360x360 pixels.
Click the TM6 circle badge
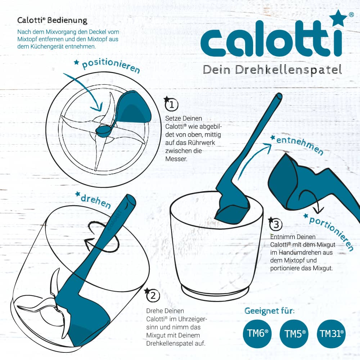pyautogui.click(x=258, y=333)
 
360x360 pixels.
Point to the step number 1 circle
pyautogui.click(x=172, y=105)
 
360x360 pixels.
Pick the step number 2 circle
pyautogui.click(x=153, y=296)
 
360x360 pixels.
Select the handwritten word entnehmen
pyautogui.click(x=300, y=146)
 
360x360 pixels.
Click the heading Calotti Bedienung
pyautogui.click(x=52, y=20)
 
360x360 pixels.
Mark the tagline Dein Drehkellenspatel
pyautogui.click(x=272, y=69)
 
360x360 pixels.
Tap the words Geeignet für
pyautogui.click(x=269, y=311)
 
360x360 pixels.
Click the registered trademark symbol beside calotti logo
pyautogui.click(x=351, y=15)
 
